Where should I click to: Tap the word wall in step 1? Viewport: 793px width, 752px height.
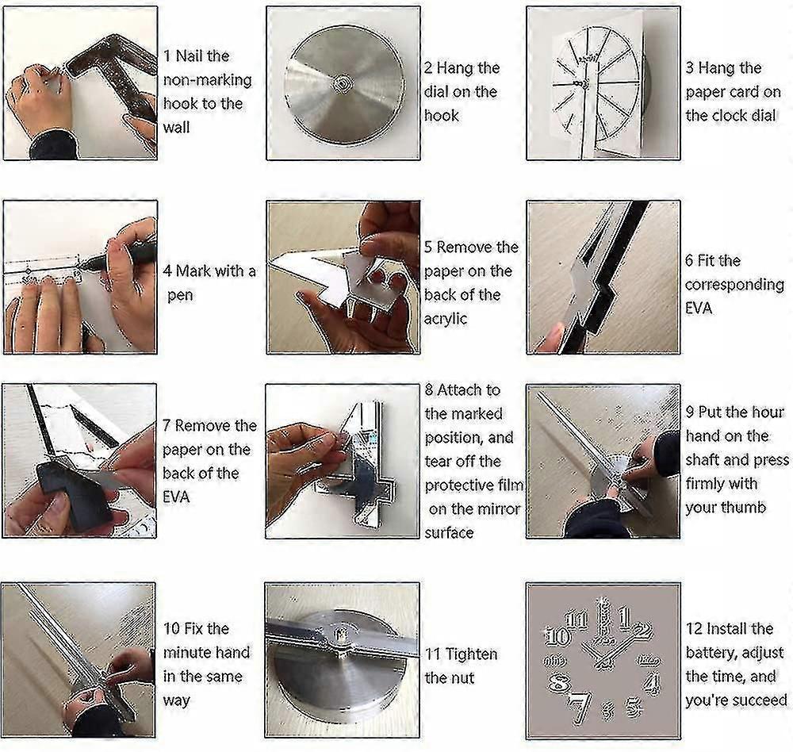(x=177, y=127)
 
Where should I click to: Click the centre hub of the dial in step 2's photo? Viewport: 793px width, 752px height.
(x=343, y=82)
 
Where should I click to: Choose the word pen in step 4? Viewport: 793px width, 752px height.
(x=180, y=295)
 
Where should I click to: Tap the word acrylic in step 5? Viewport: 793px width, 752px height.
(x=446, y=319)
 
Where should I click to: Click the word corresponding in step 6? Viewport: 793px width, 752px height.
(x=734, y=285)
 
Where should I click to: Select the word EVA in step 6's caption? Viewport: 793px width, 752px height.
(x=699, y=309)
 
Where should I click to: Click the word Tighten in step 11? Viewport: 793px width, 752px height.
(x=471, y=654)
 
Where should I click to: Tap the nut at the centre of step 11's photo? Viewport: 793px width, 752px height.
(x=342, y=633)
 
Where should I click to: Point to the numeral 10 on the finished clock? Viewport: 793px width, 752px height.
(x=557, y=636)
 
